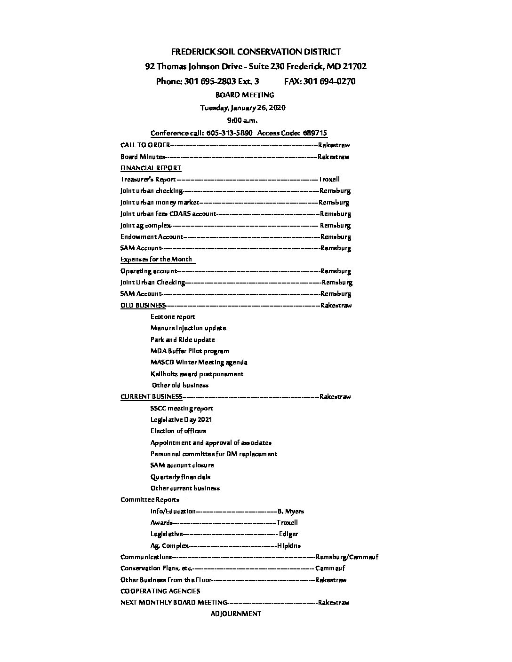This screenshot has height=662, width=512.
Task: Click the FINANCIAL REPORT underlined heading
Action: [151, 168]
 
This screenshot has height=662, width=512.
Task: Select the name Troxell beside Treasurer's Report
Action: [329, 179]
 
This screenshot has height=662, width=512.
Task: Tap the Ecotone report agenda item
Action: [173, 316]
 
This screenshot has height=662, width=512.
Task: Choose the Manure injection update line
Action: [188, 328]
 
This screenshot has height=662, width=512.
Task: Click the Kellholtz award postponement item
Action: [197, 374]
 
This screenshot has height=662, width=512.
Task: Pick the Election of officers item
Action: [178, 431]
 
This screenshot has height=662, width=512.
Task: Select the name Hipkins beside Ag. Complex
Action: [289, 546]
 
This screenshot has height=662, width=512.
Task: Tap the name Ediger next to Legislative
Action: [288, 534]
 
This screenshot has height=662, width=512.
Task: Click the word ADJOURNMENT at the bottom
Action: [235, 614]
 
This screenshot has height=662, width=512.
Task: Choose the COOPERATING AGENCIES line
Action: [160, 591]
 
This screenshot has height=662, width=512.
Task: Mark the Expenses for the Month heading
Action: [156, 259]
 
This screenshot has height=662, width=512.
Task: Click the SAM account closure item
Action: [182, 465]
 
